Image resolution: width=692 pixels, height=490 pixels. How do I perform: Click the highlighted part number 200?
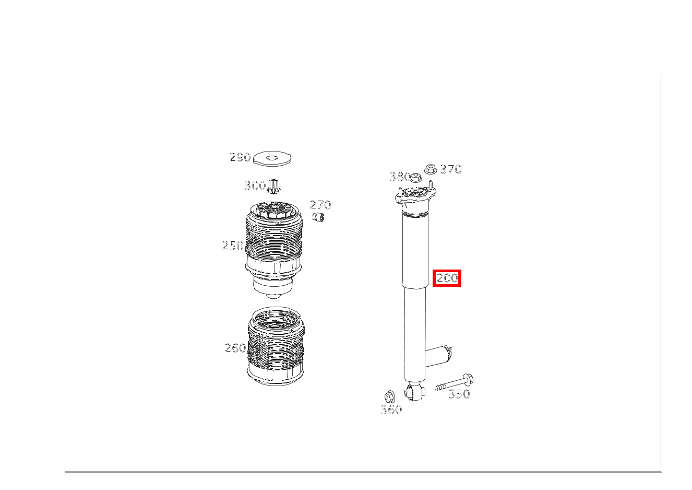click(447, 278)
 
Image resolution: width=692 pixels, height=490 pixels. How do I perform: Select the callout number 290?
click(240, 157)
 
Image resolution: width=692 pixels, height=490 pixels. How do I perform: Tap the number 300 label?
click(255, 185)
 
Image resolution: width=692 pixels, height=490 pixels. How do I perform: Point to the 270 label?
click(320, 205)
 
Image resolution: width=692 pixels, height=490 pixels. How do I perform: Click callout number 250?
click(233, 246)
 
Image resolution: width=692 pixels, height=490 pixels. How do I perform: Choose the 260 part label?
click(235, 348)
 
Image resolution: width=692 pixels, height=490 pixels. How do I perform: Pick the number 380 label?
click(399, 177)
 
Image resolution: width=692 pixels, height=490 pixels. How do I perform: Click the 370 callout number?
click(450, 169)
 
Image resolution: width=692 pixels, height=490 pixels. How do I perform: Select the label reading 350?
click(459, 394)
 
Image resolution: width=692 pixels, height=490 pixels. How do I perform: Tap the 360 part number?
click(391, 410)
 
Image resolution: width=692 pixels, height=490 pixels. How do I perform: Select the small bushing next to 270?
click(318, 217)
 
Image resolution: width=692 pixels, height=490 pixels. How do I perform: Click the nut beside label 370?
click(430, 169)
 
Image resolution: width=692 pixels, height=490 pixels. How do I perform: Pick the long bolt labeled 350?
click(454, 382)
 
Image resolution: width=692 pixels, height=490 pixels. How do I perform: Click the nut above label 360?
click(389, 396)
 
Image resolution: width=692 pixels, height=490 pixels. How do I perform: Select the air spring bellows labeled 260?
click(276, 347)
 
